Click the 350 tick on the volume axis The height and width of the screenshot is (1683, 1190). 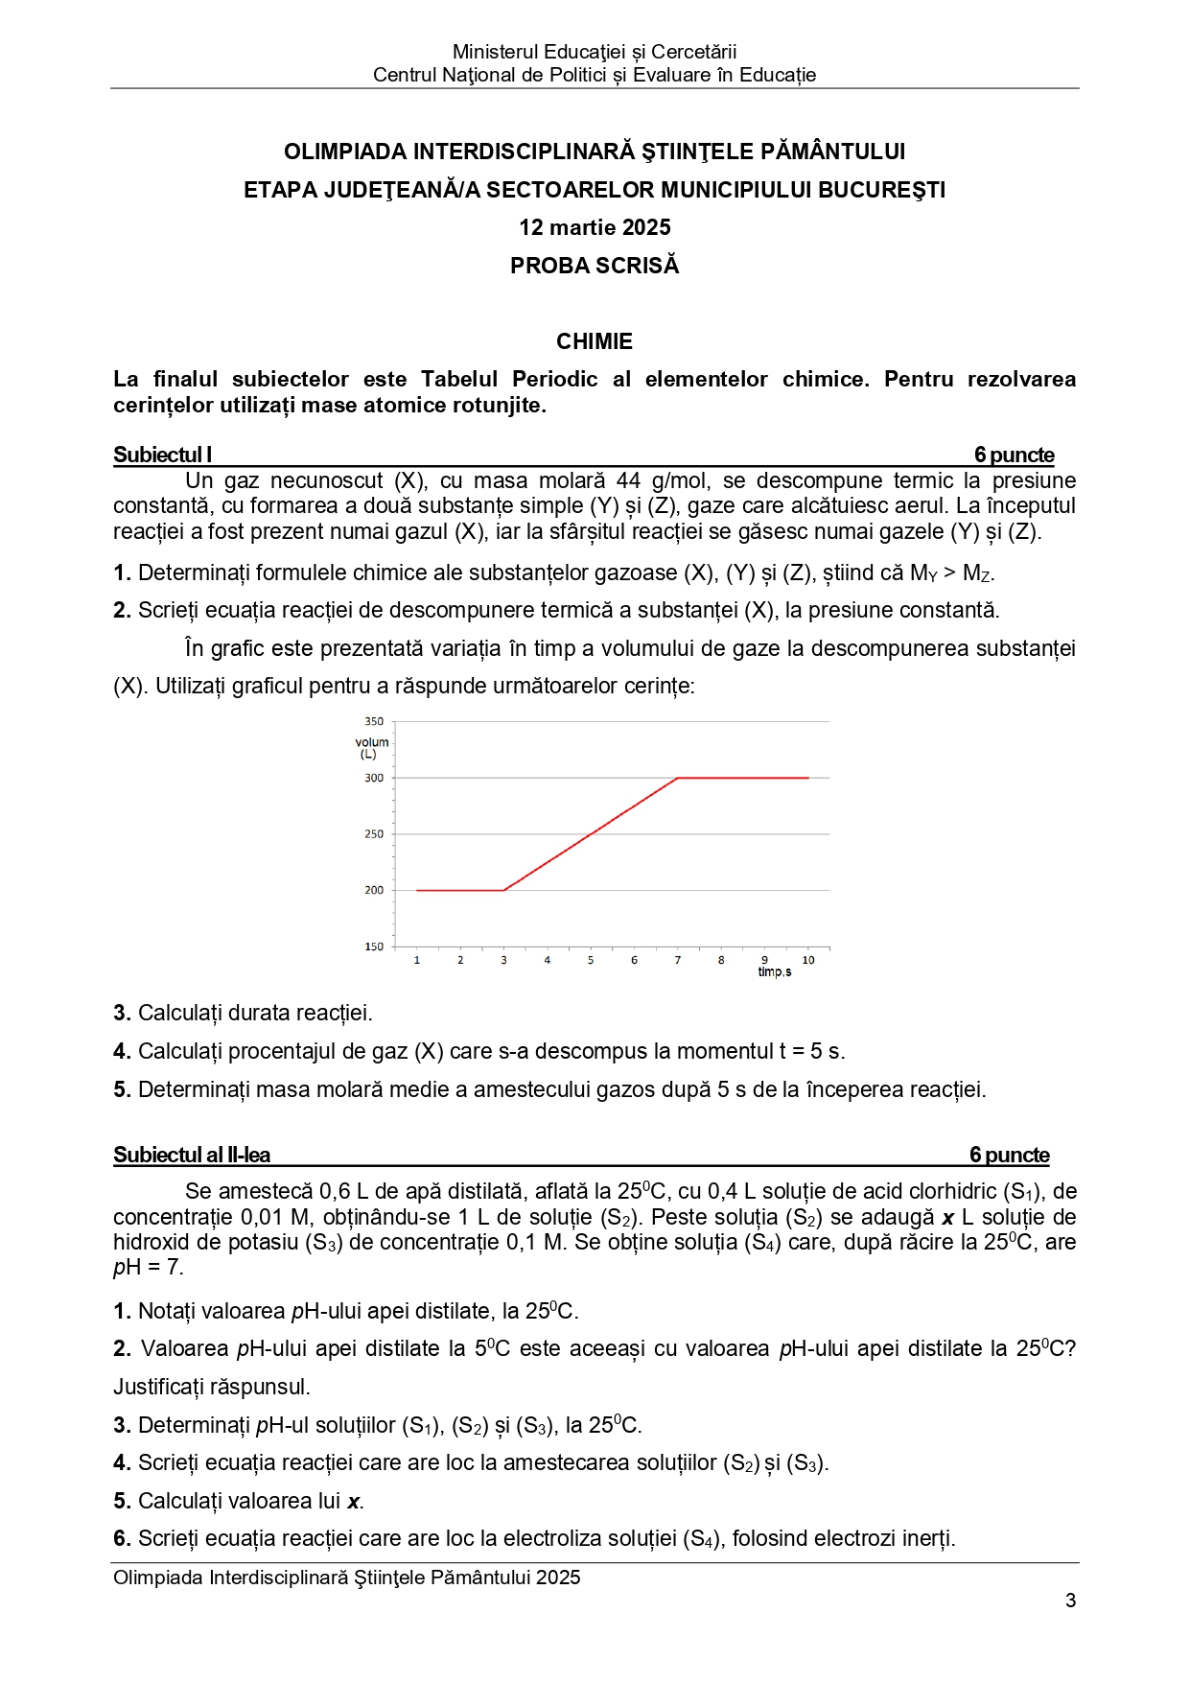pos(374,721)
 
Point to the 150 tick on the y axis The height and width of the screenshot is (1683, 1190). pos(374,947)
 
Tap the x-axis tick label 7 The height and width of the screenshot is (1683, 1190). pos(678,960)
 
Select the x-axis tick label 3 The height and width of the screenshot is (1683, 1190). pos(503,960)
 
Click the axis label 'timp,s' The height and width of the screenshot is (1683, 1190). pos(775,972)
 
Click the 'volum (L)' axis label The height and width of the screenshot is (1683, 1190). pos(371,748)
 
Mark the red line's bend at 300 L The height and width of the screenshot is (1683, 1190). pos(678,778)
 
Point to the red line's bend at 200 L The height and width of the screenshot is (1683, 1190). pos(503,890)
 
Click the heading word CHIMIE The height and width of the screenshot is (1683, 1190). pos(595,341)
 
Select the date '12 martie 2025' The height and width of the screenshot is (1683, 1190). pos(595,227)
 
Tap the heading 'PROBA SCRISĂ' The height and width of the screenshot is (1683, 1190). pos(595,266)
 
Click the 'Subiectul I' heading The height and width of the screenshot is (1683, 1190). pos(162,455)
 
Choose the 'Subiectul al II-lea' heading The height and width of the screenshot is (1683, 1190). pos(192,1155)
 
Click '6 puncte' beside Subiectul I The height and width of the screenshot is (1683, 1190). pos(1014,455)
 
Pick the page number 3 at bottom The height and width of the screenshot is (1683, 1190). pos(1070,1601)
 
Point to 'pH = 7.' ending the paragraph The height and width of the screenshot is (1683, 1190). pos(148,1267)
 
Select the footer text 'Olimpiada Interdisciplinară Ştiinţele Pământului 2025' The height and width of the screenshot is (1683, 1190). pos(346,1578)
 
